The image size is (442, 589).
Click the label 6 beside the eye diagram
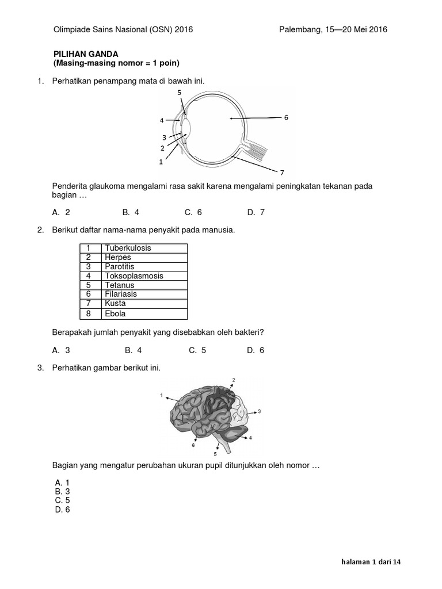(x=286, y=117)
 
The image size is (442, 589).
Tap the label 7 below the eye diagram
(x=282, y=173)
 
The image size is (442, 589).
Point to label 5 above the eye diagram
(x=179, y=92)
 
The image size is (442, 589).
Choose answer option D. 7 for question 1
(x=256, y=212)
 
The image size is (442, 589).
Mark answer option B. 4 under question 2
(x=133, y=350)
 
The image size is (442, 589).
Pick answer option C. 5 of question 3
(x=62, y=500)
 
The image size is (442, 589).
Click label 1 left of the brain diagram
(x=162, y=396)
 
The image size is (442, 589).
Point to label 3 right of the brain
(x=260, y=411)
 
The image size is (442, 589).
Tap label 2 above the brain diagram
(x=234, y=380)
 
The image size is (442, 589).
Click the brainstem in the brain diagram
(x=221, y=443)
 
